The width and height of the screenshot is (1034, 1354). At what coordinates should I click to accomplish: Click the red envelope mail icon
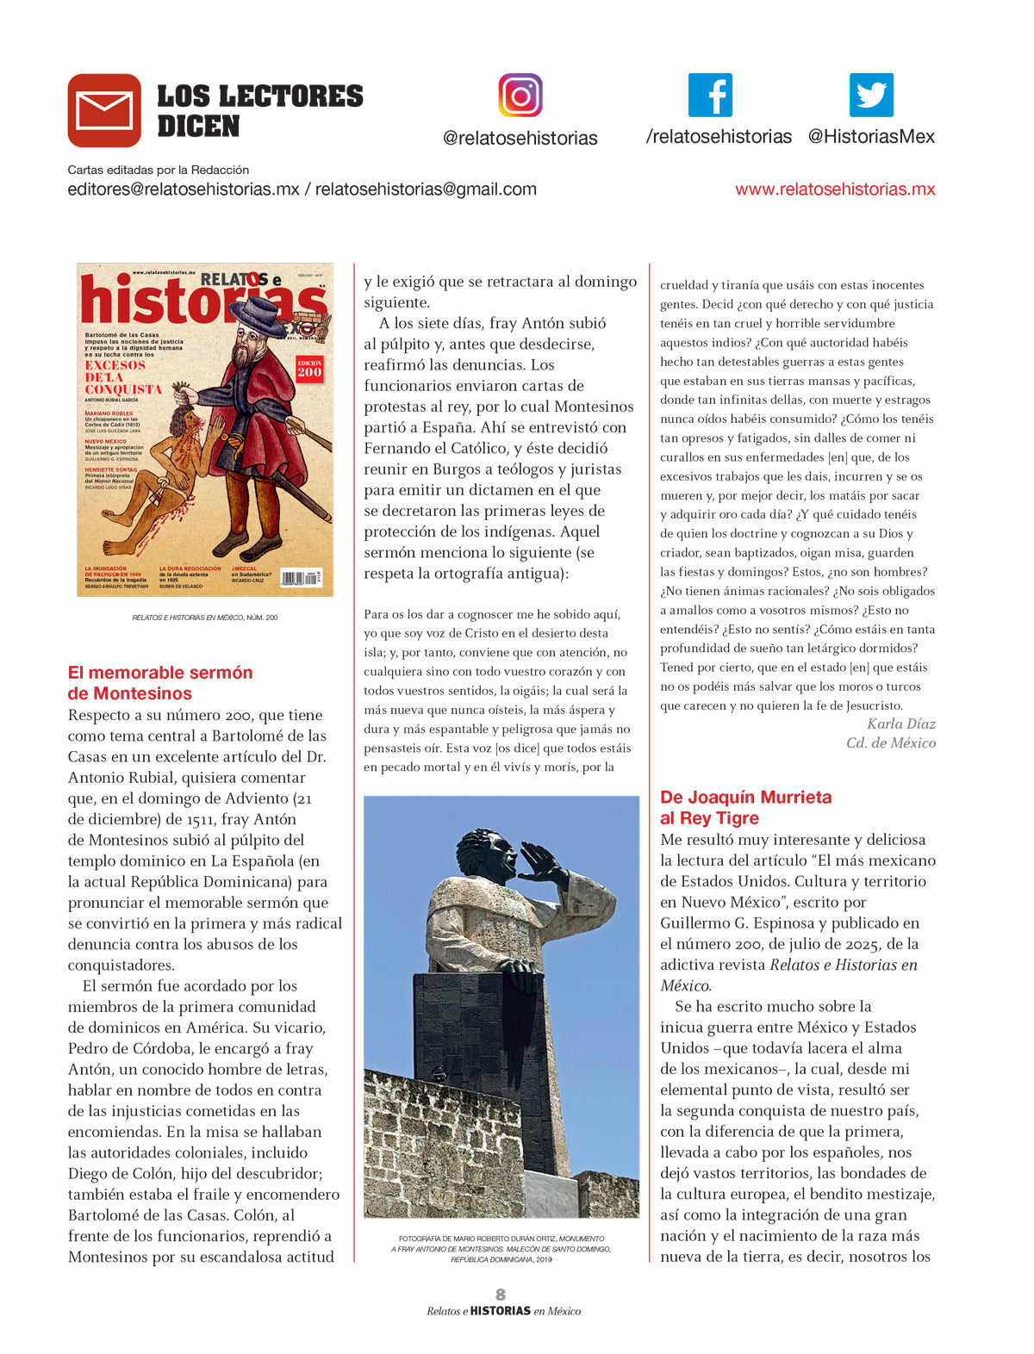click(104, 110)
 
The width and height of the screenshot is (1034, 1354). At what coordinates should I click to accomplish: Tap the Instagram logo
click(520, 95)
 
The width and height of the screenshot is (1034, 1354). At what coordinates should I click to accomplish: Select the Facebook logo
click(710, 95)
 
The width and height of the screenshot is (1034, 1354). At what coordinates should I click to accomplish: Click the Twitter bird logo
click(871, 95)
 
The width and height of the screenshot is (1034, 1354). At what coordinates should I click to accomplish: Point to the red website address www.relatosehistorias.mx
click(834, 189)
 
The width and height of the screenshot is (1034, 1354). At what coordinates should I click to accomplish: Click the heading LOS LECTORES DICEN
click(259, 110)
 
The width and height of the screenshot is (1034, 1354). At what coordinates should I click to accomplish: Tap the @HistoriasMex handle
click(871, 137)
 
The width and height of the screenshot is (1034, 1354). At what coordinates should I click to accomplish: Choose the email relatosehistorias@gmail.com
click(426, 189)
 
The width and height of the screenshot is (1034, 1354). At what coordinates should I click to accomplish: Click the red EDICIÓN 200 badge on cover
click(309, 368)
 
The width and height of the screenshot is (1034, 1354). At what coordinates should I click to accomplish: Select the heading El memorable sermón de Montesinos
click(160, 683)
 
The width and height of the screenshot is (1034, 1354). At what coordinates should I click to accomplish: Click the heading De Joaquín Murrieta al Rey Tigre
click(745, 808)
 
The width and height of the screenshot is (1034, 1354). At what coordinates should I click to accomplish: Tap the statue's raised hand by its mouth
click(543, 864)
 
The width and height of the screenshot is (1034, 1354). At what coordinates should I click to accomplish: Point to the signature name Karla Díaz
click(900, 724)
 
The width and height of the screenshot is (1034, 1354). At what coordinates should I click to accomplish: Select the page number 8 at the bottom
click(501, 1294)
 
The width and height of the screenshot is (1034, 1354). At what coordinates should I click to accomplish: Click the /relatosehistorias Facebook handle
click(719, 137)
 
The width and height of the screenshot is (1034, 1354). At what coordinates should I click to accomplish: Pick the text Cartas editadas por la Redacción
click(159, 170)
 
